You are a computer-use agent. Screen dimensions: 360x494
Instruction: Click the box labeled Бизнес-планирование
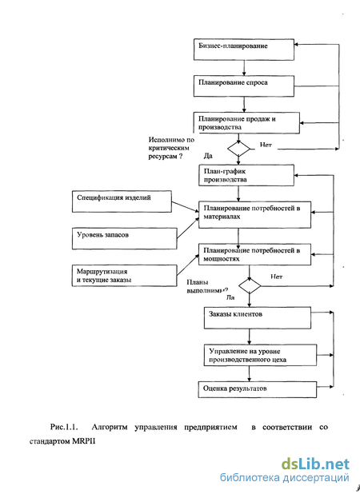pos(244,50)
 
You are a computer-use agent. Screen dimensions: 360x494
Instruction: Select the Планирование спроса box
pos(244,86)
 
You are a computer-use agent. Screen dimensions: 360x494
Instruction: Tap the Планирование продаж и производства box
pos(246,123)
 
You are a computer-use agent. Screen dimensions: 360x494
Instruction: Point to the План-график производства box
pos(246,175)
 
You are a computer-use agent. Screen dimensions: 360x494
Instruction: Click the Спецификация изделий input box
pos(122,201)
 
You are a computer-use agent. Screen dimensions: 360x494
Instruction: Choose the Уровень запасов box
pos(125,238)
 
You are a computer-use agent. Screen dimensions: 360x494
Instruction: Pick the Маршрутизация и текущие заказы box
pos(125,276)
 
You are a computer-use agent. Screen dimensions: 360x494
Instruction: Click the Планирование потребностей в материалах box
pos(254,215)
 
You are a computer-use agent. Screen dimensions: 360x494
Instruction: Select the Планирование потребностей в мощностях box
pos(254,254)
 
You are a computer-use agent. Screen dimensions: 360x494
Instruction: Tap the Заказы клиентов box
pos(258,318)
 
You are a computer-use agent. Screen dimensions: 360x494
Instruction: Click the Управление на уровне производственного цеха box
pos(260,355)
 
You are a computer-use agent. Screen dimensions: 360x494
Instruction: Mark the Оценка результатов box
pos(258,390)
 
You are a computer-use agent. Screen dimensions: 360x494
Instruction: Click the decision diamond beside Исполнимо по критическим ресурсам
pos(238,149)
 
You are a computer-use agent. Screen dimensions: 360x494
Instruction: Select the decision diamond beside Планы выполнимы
pos(250,286)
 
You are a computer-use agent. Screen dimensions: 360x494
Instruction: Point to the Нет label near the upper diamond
pos(266,145)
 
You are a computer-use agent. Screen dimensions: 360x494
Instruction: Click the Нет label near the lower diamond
pos(277,277)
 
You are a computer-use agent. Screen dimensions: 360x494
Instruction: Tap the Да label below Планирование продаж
pos(208,156)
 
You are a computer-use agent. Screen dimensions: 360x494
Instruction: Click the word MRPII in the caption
pos(83,441)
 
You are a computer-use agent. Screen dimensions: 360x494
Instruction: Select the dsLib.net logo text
pos(315,464)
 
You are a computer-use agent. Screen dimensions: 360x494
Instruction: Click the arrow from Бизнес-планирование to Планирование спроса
pos(244,68)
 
